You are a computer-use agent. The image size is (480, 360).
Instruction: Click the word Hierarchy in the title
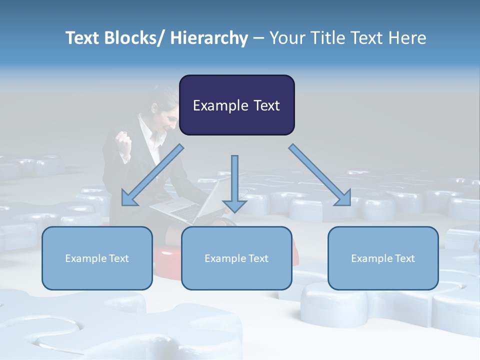(x=209, y=38)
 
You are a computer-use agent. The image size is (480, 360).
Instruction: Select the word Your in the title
(x=287, y=38)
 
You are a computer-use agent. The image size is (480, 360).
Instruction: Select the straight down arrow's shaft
(x=234, y=175)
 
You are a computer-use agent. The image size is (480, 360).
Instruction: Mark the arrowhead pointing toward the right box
(x=343, y=197)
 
